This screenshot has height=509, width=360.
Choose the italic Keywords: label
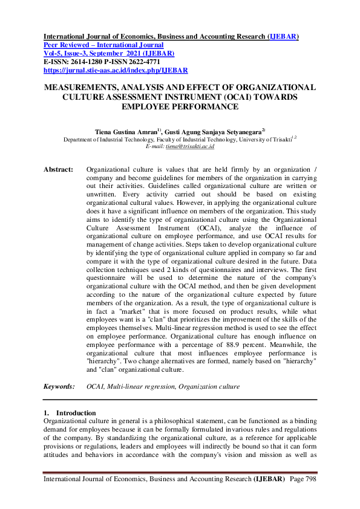tap(59, 386)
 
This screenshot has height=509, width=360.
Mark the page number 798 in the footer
tap(309, 479)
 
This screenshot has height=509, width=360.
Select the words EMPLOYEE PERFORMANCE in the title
tap(180, 106)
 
